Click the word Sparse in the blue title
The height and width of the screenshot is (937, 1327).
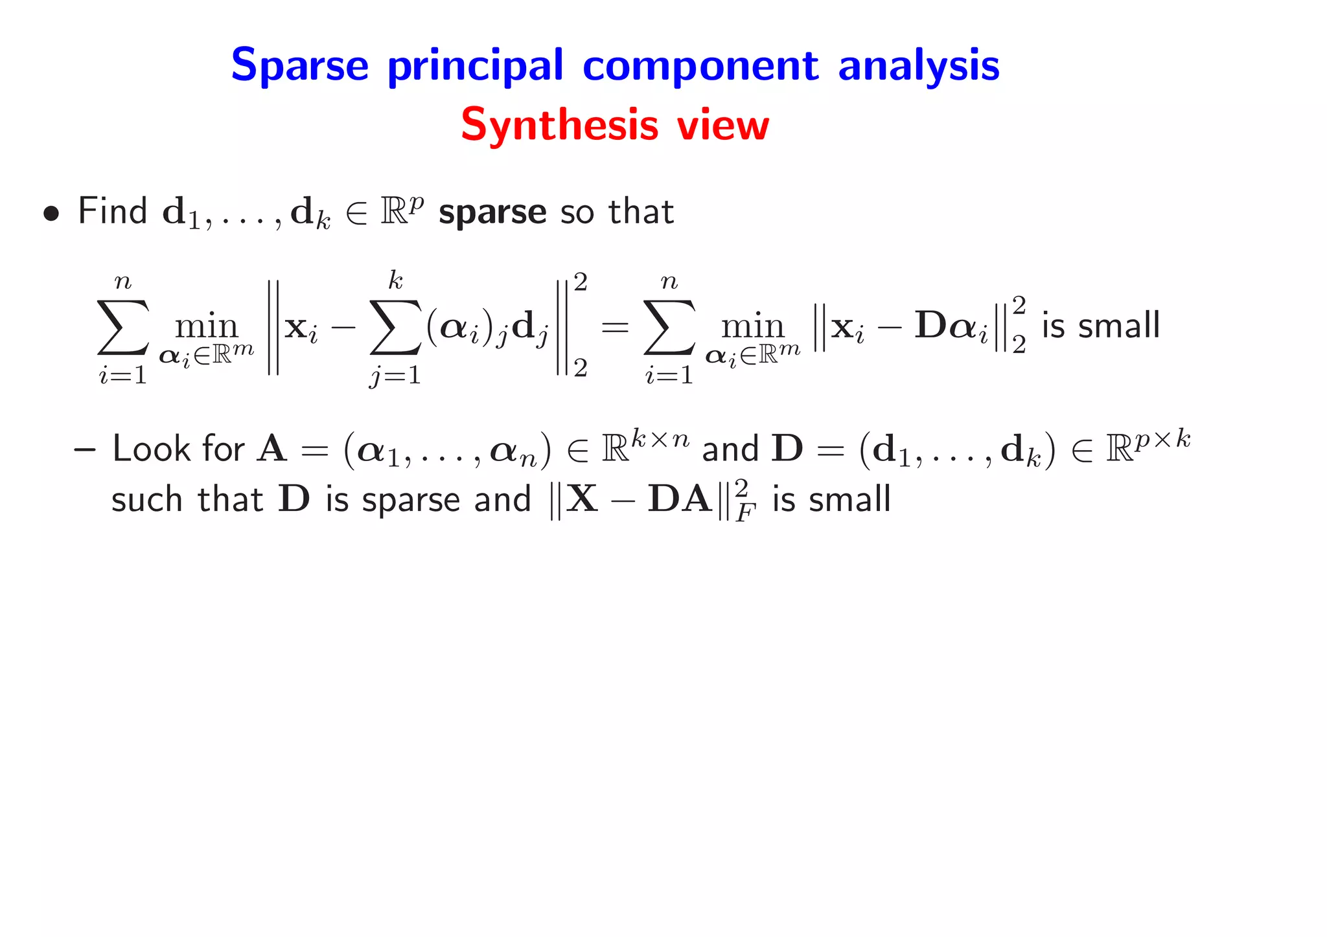[x=299, y=65]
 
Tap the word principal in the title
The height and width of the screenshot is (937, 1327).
[x=476, y=67]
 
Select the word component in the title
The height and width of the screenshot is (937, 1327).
[x=700, y=67]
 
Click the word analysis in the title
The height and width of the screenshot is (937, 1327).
[x=918, y=67]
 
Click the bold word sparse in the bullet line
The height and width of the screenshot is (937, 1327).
[x=492, y=212]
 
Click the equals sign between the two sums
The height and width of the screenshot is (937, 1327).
[x=615, y=327]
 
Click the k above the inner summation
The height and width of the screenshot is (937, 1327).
[x=395, y=281]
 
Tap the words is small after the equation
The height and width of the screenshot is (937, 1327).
[x=1100, y=325]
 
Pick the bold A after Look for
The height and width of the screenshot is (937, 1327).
[x=271, y=449]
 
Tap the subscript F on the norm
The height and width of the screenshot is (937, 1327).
[x=746, y=514]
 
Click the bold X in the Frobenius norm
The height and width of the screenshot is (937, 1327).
[x=582, y=499]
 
